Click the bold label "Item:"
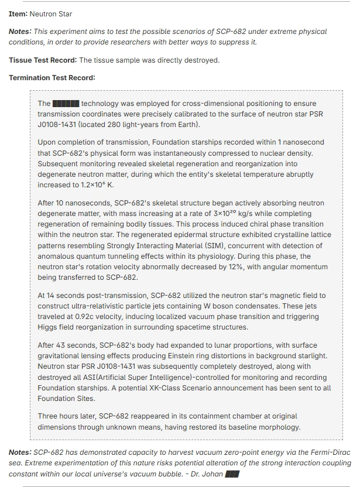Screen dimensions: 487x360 pyautogui.click(x=19, y=13)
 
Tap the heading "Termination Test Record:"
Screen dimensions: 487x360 pyautogui.click(x=52, y=78)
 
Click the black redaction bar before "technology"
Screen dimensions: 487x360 pyautogui.click(x=66, y=104)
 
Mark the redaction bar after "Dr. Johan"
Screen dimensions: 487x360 pyautogui.click(x=232, y=474)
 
